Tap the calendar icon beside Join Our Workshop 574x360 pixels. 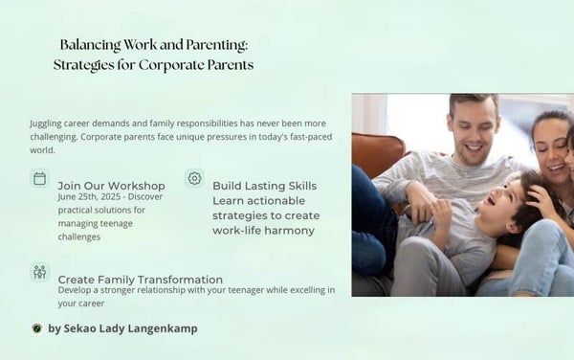tap(39, 178)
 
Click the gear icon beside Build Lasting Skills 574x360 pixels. tap(194, 178)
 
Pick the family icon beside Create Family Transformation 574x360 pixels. tap(39, 272)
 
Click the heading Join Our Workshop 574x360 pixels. tap(111, 186)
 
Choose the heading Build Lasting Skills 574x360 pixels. tap(264, 186)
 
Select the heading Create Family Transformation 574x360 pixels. tap(140, 279)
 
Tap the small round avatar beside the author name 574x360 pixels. tap(36, 328)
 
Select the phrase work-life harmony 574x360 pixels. tap(263, 230)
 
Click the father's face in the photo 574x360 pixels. tap(475, 131)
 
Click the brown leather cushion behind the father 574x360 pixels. tap(378, 153)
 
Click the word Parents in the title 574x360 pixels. tap(228, 65)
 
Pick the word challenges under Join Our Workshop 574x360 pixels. tap(80, 236)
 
